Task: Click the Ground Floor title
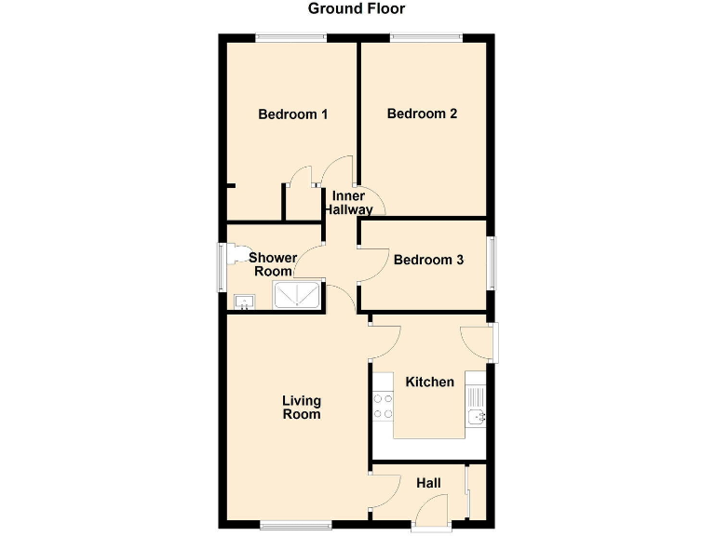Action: tap(357, 9)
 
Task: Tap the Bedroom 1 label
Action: tap(292, 114)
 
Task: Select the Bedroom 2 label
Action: tap(422, 114)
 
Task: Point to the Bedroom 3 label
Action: tap(428, 261)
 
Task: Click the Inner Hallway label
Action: tap(348, 203)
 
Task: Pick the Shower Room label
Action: tap(273, 264)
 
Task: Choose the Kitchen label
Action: tap(429, 382)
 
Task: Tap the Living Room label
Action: tap(302, 408)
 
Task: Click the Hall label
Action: tap(428, 483)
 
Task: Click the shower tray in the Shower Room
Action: tap(297, 296)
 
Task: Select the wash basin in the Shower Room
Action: tap(245, 301)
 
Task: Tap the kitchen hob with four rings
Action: tap(383, 406)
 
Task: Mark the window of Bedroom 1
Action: tap(291, 37)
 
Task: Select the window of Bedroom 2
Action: tap(425, 37)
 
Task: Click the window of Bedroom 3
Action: tap(491, 263)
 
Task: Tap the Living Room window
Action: tap(295, 525)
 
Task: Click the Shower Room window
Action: tap(222, 268)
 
